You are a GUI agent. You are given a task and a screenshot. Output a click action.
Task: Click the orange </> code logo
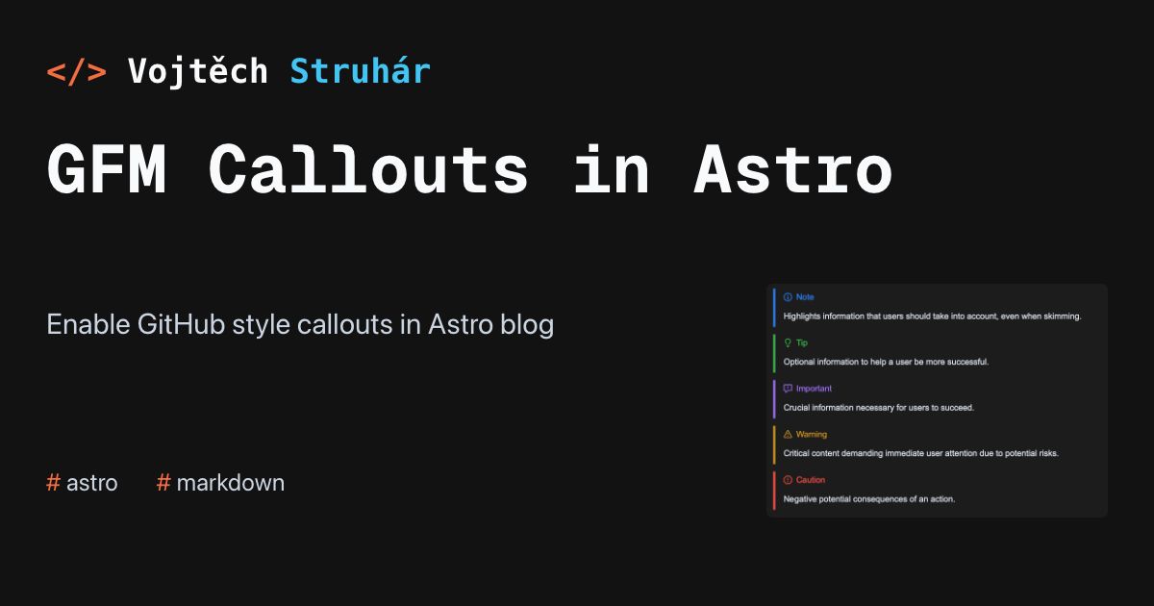76,71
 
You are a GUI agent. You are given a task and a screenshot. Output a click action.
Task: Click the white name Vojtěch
198,70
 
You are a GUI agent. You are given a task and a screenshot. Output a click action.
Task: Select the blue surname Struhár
360,70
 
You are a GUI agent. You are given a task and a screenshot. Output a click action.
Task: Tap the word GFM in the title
107,169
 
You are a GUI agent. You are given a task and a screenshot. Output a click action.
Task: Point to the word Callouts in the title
368,168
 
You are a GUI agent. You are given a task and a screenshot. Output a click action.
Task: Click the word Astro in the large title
792,169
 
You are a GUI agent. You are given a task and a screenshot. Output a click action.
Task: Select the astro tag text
92,483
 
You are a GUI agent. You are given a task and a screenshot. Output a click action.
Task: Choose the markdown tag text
230,483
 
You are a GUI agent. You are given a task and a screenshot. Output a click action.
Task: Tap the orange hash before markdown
163,483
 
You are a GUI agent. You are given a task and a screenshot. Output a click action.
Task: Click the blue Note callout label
805,297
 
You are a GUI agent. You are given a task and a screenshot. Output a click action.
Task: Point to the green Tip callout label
802,342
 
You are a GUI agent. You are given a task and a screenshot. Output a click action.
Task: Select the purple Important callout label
814,389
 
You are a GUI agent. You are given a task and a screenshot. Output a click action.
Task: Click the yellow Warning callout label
812,435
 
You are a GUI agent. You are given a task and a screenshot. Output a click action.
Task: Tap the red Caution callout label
811,480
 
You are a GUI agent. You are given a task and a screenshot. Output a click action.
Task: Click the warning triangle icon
788,435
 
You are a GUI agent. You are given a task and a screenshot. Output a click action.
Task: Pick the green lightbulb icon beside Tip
788,342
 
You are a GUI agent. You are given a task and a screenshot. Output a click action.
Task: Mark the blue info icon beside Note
788,297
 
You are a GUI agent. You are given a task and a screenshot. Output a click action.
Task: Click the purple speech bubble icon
788,389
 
